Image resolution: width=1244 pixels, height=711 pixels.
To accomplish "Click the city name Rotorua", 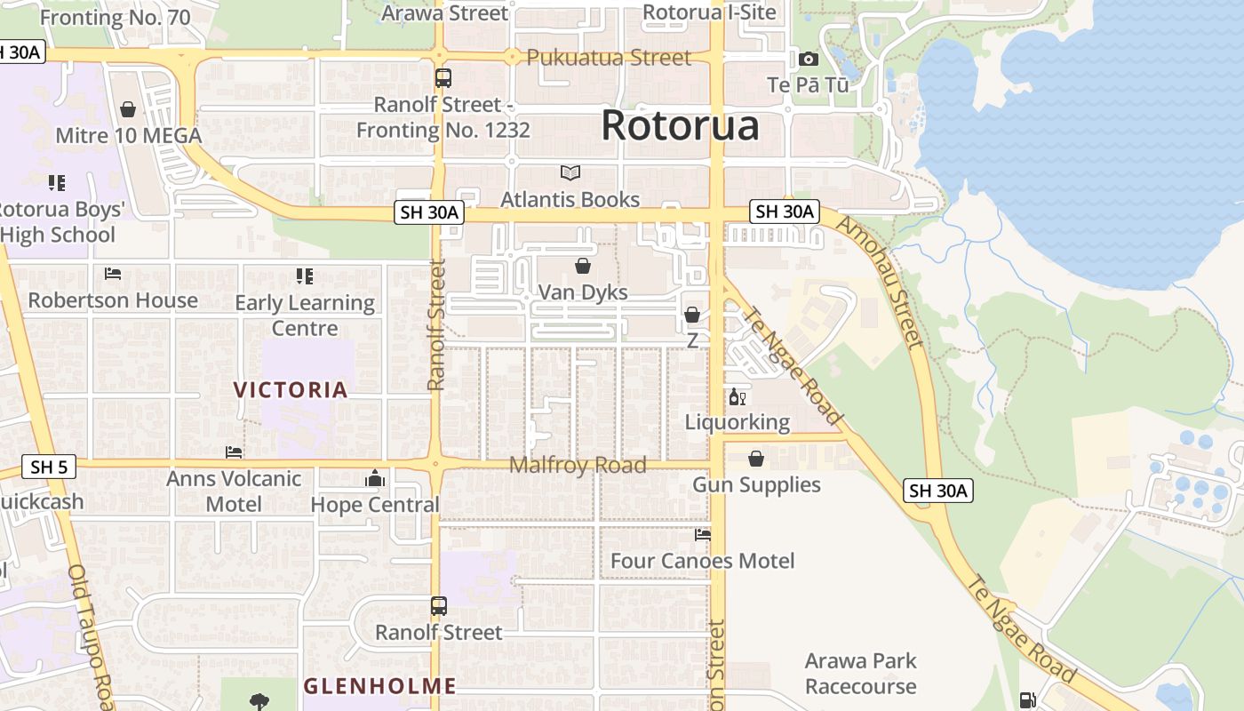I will click(x=680, y=125).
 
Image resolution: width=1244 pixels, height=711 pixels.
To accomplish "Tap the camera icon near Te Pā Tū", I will click(x=808, y=60).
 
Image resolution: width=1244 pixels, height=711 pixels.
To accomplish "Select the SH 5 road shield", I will click(x=47, y=467).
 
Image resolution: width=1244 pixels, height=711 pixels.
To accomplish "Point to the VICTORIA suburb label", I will click(x=291, y=389).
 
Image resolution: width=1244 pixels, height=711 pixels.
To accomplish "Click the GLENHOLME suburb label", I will click(x=379, y=686).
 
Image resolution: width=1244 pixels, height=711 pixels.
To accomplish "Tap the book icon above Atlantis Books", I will click(x=570, y=172).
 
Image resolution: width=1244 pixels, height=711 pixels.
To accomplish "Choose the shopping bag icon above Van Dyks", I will click(x=583, y=266).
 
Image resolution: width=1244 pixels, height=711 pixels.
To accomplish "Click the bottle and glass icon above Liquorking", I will click(x=737, y=396).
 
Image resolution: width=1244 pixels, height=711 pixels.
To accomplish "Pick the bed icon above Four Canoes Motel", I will click(x=703, y=535).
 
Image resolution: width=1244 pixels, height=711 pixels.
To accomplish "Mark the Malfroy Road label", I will click(x=578, y=465).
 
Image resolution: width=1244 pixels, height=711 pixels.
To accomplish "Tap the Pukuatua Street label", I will click(x=609, y=58).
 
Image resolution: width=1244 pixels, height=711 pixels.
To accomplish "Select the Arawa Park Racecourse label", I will click(x=860, y=674).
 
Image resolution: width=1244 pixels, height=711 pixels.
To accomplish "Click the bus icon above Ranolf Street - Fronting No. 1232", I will click(x=443, y=78).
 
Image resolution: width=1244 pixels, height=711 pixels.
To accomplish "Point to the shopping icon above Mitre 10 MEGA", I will click(x=128, y=109).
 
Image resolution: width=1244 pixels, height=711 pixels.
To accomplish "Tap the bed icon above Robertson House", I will click(x=113, y=274).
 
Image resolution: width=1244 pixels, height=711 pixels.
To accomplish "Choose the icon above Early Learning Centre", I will click(x=305, y=276).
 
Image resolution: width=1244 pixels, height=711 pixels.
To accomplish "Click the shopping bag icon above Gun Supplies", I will click(x=755, y=459).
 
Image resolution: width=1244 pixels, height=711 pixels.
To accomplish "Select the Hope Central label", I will click(x=375, y=505).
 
